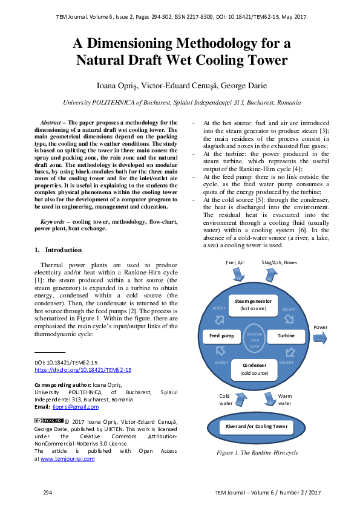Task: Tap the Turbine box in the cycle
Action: pyautogui.click(x=286, y=335)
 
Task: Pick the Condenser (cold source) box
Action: pyautogui.click(x=254, y=369)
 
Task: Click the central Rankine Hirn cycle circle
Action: pyautogui.click(x=254, y=337)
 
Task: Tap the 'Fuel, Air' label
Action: pyautogui.click(x=235, y=262)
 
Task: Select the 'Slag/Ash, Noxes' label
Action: pyautogui.click(x=279, y=262)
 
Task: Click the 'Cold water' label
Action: pyautogui.click(x=225, y=400)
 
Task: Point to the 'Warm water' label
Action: pyautogui.click(x=284, y=400)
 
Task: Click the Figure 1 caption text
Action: pyautogui.click(x=258, y=452)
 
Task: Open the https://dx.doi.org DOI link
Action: pyautogui.click(x=82, y=369)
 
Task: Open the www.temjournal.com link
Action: pyautogui.click(x=67, y=459)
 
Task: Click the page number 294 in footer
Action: pyautogui.click(x=47, y=493)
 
